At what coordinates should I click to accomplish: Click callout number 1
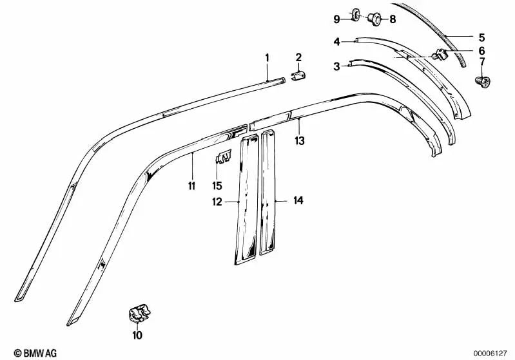(x=267, y=58)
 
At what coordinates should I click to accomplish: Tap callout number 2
(x=299, y=58)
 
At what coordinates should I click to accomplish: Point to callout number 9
(x=336, y=19)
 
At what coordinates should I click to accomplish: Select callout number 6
(x=481, y=50)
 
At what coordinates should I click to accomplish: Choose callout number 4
(x=336, y=42)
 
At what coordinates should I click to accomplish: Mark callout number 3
(x=336, y=66)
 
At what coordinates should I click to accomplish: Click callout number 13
(x=299, y=139)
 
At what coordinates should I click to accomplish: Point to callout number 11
(x=191, y=185)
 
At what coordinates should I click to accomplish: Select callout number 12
(x=217, y=201)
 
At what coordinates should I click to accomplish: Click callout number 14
(x=298, y=201)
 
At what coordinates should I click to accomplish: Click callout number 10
(x=137, y=335)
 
